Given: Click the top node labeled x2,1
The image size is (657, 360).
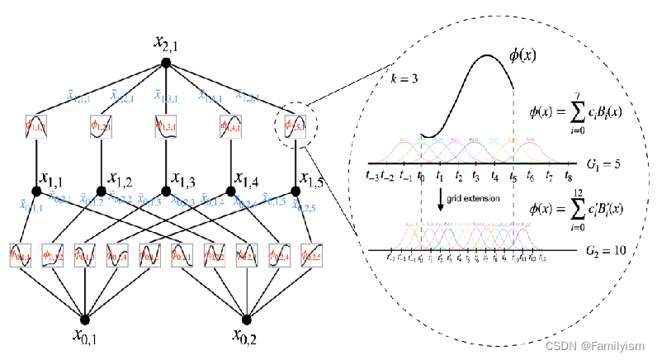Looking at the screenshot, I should (165, 63).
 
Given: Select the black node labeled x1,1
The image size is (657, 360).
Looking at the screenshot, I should (36, 192).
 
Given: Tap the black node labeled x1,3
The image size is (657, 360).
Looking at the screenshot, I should (165, 192).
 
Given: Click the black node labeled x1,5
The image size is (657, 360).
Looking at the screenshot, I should (294, 192).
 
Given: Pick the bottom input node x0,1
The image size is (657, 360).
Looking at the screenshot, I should (85, 318).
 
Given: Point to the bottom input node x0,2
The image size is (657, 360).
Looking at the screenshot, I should (247, 318).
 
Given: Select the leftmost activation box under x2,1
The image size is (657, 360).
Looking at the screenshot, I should (36, 128).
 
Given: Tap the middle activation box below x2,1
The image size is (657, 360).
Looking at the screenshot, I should (165, 128).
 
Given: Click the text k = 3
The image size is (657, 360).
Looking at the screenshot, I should (403, 80).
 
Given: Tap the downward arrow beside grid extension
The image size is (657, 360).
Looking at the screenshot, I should (440, 200).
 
